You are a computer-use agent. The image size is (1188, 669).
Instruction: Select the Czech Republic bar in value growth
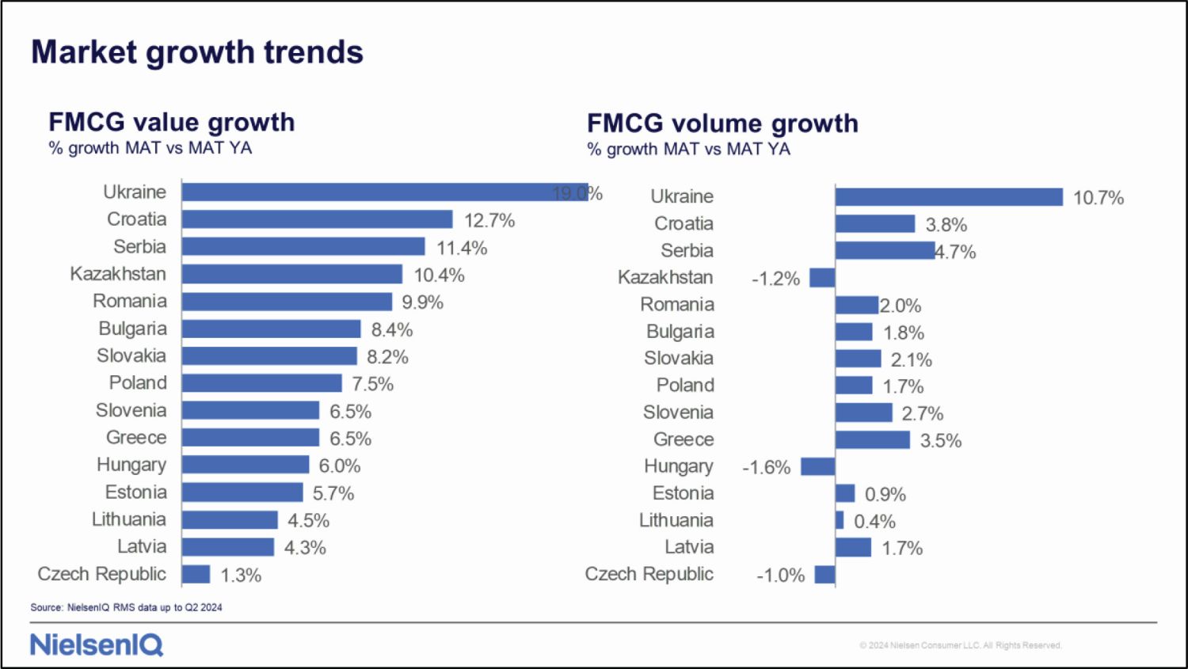point(196,574)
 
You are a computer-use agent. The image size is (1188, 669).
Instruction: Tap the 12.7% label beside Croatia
point(489,220)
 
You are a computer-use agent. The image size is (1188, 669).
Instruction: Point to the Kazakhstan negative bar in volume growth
point(822,278)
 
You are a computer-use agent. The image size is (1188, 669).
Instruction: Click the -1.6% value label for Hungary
point(766,467)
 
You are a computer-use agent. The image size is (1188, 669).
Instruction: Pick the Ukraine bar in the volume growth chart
point(949,197)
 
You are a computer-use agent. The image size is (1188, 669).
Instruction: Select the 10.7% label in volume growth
point(1098,198)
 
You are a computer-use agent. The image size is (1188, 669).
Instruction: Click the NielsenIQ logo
point(97,644)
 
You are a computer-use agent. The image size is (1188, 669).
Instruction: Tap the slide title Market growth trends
point(197,52)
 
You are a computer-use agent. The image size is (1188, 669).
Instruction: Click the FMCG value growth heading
point(172,122)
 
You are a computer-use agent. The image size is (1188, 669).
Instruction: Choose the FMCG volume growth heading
point(722,124)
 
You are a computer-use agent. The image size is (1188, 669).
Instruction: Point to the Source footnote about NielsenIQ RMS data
point(127,607)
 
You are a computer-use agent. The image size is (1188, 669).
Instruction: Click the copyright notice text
point(960,645)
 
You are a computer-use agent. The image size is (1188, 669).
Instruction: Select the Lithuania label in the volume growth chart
point(676,520)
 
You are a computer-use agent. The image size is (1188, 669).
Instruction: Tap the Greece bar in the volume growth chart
point(872,439)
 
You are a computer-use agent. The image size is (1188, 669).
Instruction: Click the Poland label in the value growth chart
point(138,383)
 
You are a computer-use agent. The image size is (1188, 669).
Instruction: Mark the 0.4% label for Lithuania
point(874,522)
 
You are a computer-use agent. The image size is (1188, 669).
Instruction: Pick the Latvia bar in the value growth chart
point(228,547)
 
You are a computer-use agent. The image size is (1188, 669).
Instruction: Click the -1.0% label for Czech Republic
point(780,576)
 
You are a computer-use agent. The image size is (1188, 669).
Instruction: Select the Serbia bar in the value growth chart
point(303,247)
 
